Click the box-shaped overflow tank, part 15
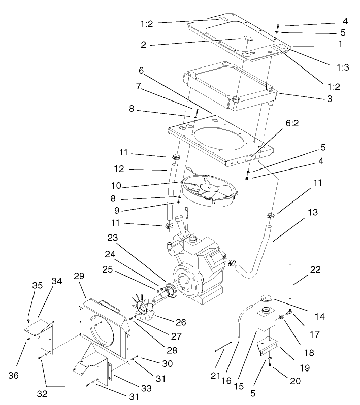point(265,324)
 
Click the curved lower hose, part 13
point(254,267)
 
